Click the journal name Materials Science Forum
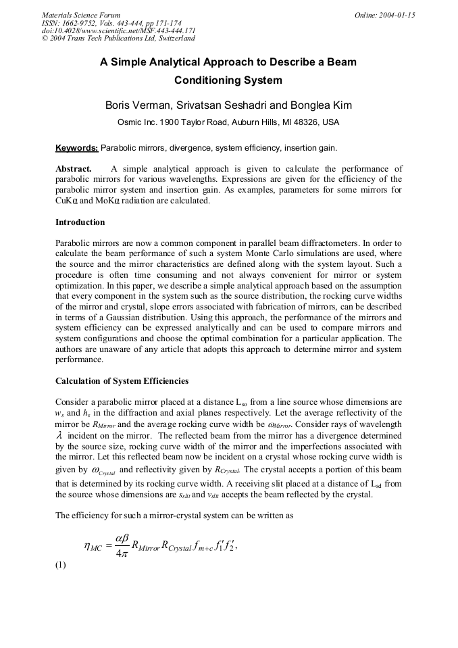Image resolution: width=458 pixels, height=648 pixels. pos(81,15)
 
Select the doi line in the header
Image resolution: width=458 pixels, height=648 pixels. pos(119,30)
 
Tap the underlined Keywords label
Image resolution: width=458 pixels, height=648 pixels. pos(76,148)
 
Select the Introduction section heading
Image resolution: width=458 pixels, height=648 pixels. pos(80,222)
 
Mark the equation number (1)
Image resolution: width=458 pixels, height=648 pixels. pos(60,566)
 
